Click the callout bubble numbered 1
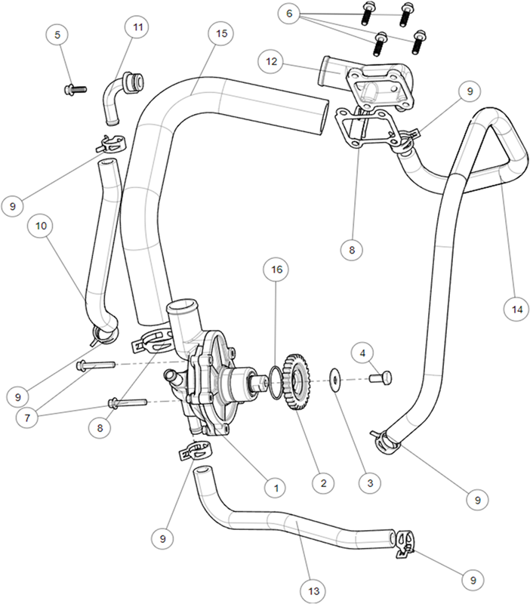[x=276, y=488]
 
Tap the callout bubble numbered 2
[x=323, y=483]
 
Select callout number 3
[x=370, y=483]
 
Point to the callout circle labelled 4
[x=362, y=353]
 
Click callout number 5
[x=57, y=35]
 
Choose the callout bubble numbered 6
[x=289, y=14]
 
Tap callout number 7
[x=27, y=418]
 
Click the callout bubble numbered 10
[x=41, y=226]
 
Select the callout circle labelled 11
[x=137, y=27]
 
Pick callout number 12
[x=271, y=62]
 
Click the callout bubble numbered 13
[x=313, y=591]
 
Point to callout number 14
[x=516, y=309]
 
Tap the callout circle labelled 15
[x=221, y=33]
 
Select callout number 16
[x=276, y=270]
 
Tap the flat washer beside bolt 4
[x=335, y=380]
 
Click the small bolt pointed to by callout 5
[x=75, y=90]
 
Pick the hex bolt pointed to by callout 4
[x=381, y=377]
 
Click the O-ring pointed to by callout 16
[x=276, y=384]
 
